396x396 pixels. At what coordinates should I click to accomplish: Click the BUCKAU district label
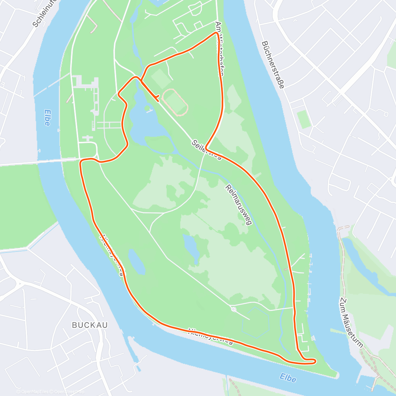pyautogui.click(x=90, y=325)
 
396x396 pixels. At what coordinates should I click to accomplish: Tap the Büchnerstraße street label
pyautogui.click(x=273, y=64)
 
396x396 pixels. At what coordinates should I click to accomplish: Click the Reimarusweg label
pyautogui.click(x=239, y=205)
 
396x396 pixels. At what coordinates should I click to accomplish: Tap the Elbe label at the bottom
pyautogui.click(x=287, y=378)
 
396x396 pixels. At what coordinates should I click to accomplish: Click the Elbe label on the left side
pyautogui.click(x=47, y=117)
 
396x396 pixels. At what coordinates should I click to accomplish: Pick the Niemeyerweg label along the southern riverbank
pyautogui.click(x=211, y=336)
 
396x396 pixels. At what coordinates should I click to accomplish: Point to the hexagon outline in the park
pyautogui.click(x=256, y=323)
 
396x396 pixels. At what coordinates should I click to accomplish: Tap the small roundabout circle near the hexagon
pyautogui.click(x=233, y=309)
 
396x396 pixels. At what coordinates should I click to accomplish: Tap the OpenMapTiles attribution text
pyautogui.click(x=34, y=392)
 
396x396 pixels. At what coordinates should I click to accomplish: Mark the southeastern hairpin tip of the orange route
pyautogui.click(x=315, y=361)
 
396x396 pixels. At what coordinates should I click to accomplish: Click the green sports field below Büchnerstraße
pyautogui.click(x=304, y=119)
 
